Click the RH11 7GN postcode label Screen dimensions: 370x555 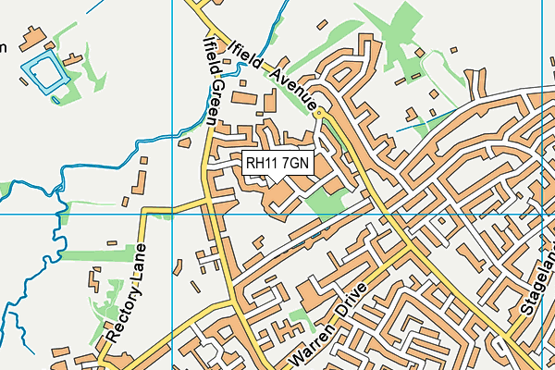point(278,163)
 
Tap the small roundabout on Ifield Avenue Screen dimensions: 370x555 point(319,113)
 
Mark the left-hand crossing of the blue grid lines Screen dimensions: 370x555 point(172,214)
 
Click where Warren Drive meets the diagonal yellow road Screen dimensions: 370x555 point(408,248)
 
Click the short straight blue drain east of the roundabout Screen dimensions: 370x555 point(422,117)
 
